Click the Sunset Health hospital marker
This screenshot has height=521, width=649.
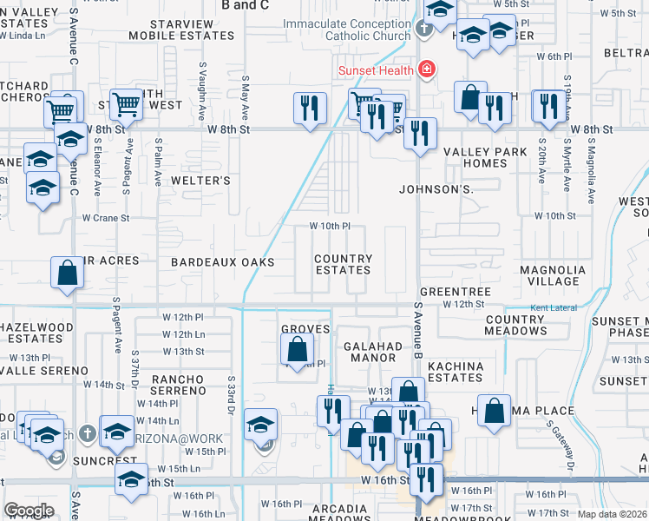click(x=426, y=68)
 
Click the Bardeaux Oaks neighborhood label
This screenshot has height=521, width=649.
click(x=222, y=261)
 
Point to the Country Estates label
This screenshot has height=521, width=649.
click(x=343, y=264)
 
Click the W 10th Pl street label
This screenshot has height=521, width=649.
click(x=330, y=226)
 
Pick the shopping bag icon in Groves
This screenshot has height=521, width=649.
click(x=297, y=349)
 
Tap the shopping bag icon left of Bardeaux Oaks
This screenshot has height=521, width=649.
click(x=67, y=273)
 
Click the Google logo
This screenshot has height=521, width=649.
click(x=29, y=511)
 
